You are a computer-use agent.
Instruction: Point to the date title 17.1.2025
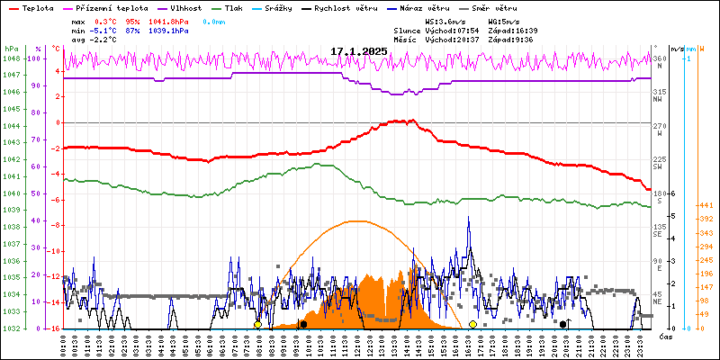[x=359, y=51]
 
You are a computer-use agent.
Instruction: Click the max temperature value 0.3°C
[x=106, y=20]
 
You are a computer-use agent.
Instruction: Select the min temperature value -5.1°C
[x=106, y=30]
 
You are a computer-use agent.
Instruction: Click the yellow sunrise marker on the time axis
[x=257, y=324]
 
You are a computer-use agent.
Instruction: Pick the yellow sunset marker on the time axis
[x=472, y=324]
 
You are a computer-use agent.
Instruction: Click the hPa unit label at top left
[x=10, y=49]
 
